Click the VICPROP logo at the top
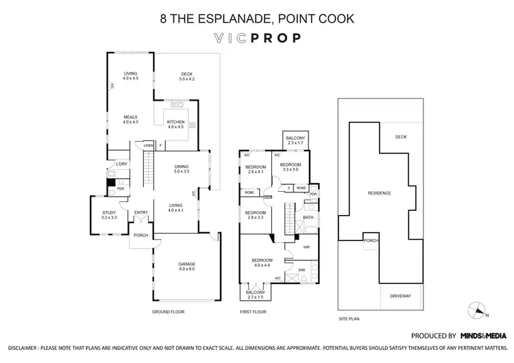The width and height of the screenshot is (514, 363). pyautogui.click(x=257, y=38)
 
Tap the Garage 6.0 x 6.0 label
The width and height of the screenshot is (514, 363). pyautogui.click(x=187, y=266)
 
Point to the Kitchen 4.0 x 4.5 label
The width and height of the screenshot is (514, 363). pyautogui.click(x=175, y=124)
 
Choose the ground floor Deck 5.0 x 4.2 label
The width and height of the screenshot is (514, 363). pyautogui.click(x=187, y=77)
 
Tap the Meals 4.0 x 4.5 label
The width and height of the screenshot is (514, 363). pyautogui.click(x=130, y=119)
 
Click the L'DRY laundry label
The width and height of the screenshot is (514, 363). pyautogui.click(x=122, y=164)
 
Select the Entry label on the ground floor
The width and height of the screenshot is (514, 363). pyautogui.click(x=140, y=212)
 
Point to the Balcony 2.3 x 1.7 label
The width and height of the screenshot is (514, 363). pyautogui.click(x=296, y=140)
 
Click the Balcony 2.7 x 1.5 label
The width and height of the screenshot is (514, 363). pyautogui.click(x=254, y=296)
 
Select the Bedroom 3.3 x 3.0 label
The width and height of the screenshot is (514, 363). pyautogui.click(x=290, y=166)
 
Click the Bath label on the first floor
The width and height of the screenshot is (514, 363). pyautogui.click(x=308, y=218)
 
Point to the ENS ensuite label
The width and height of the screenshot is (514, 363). pyautogui.click(x=302, y=270)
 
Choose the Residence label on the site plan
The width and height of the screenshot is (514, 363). pyautogui.click(x=379, y=193)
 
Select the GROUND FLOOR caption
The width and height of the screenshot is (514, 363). pyautogui.click(x=168, y=312)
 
